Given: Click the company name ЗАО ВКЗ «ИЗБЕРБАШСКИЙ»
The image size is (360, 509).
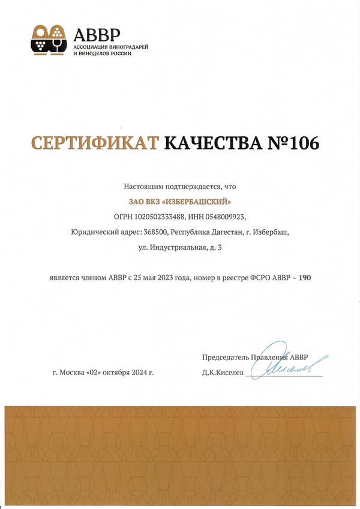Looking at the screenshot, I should point(180,202).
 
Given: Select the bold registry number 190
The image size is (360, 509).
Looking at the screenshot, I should point(305,278).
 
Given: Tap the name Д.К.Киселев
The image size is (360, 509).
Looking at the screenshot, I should point(224,373).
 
